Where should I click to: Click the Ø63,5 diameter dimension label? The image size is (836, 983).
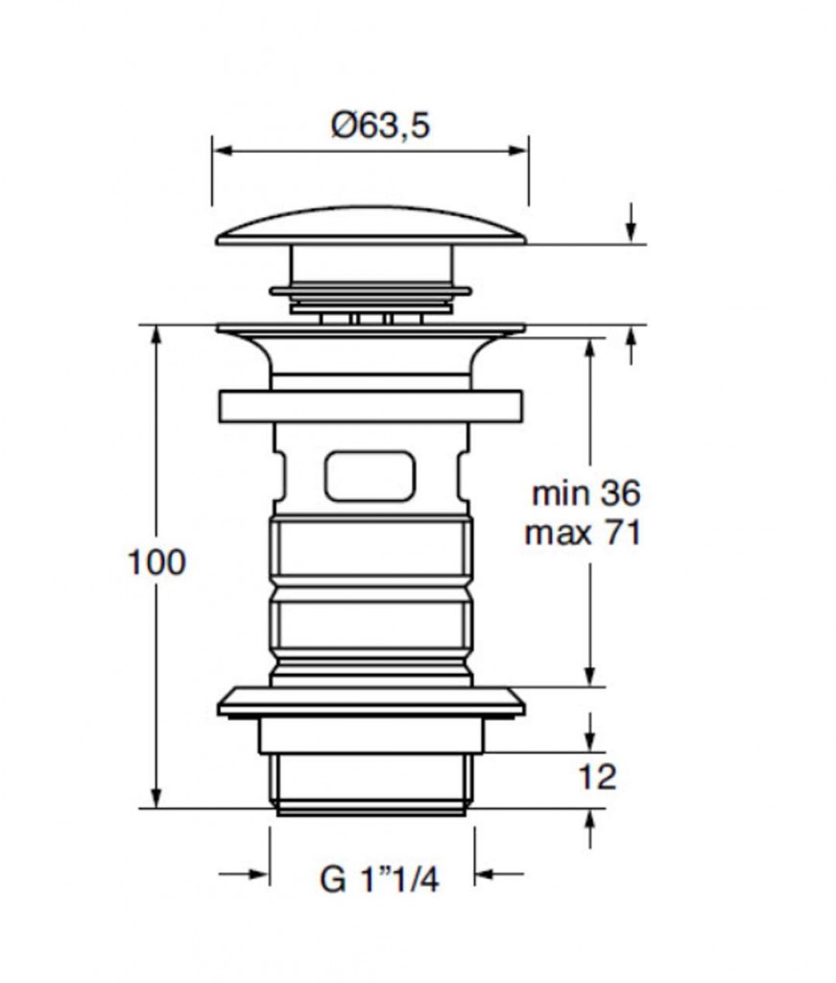tap(380, 125)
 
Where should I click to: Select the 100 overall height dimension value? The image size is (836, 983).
tap(156, 562)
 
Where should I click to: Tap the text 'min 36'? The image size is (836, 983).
tap(585, 493)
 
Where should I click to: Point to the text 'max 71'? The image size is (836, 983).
tap(583, 533)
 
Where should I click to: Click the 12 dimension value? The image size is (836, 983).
tap(597, 778)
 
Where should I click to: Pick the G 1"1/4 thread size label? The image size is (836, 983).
tap(379, 879)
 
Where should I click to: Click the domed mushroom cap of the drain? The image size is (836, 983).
tap(371, 226)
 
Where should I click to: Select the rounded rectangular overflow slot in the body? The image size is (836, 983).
tap(370, 476)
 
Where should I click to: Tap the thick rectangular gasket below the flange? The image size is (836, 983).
tap(371, 406)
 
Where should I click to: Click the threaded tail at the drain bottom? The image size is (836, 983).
tap(371, 783)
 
